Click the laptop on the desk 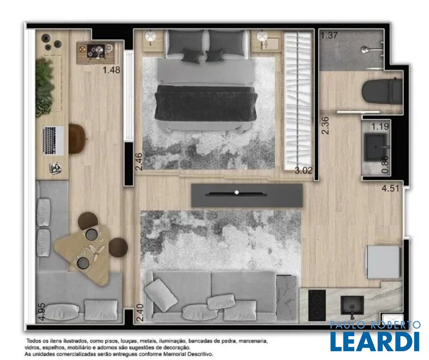coord(53,140)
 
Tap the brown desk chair coord(78,139)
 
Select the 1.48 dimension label coord(111,70)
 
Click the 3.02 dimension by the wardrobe coord(303,171)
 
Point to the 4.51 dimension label coord(390,189)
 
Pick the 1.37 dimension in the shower coord(329,36)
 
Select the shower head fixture coord(364,49)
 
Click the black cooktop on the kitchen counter coord(317,305)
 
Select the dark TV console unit coord(247,195)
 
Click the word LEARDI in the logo coord(375,341)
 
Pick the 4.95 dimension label coord(41,312)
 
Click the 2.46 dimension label coord(139,162)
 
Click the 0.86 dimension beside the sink coord(385,165)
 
